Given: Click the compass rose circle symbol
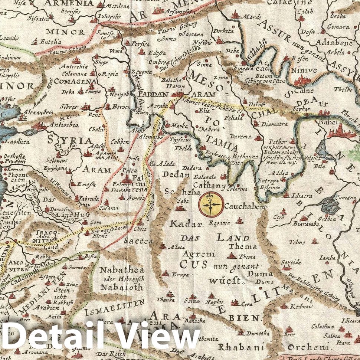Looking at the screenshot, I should [211, 204].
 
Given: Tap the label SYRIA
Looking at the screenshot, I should [69, 141].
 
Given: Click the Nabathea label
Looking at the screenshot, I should [119, 270].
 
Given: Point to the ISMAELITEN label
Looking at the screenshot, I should [114, 304].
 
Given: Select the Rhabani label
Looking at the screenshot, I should [237, 347].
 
